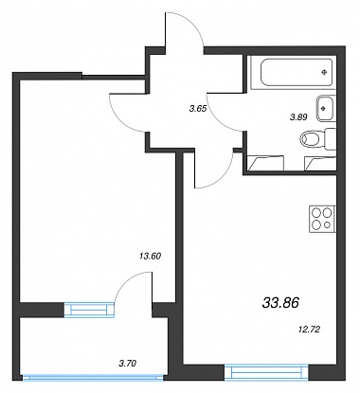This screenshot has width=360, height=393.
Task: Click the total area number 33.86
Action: [x=280, y=303]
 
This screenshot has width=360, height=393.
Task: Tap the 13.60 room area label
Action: [x=150, y=256]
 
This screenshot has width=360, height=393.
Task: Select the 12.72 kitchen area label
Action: [x=309, y=330]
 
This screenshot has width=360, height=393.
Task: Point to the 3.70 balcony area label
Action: [x=127, y=364]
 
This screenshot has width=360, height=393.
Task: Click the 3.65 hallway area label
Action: [x=198, y=109]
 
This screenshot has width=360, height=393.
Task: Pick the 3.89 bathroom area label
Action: [x=298, y=117]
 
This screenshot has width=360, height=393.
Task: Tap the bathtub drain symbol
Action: [x=325, y=72]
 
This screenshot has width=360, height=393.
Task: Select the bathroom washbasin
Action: [x=325, y=108]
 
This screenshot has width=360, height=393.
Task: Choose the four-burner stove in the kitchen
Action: [x=322, y=219]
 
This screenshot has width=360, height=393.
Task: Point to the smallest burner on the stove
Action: [x=327, y=224]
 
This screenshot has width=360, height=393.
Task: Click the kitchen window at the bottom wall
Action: [x=266, y=372]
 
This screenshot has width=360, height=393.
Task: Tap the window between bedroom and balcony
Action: [x=89, y=310]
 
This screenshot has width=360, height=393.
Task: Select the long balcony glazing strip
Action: [x=93, y=377]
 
